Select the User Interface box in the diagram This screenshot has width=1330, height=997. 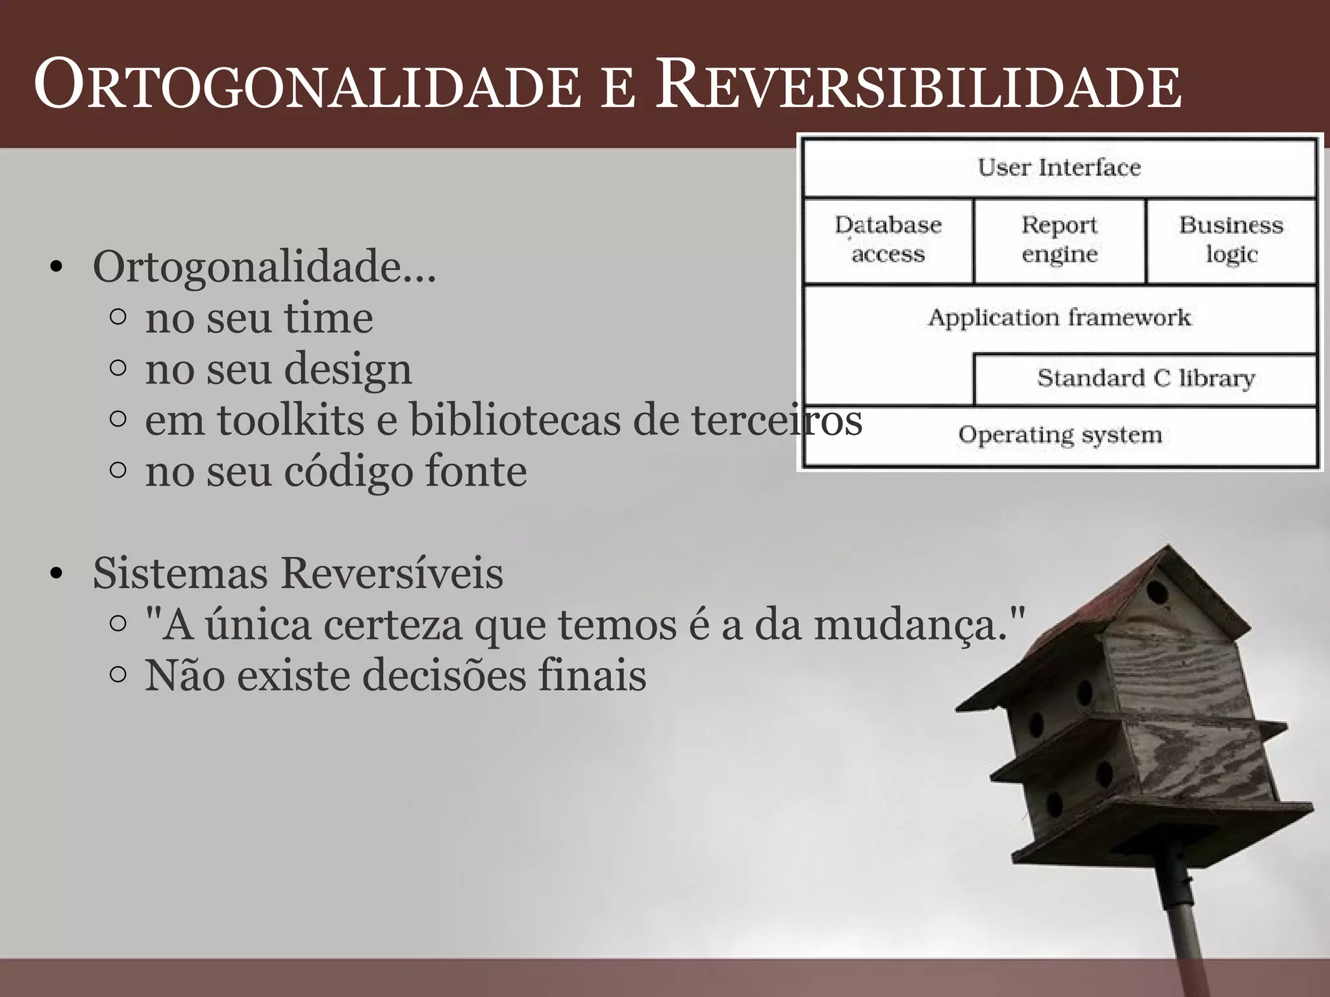click(x=1059, y=167)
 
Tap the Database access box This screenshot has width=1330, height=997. click(x=888, y=240)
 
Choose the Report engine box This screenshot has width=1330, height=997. click(x=1059, y=240)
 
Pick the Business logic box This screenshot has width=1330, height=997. click(x=1231, y=240)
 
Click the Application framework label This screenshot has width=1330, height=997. click(x=1059, y=317)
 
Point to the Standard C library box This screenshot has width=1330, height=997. click(x=1145, y=378)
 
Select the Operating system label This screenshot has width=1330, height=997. click(x=1059, y=434)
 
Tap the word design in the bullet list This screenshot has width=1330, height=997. click(x=348, y=370)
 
